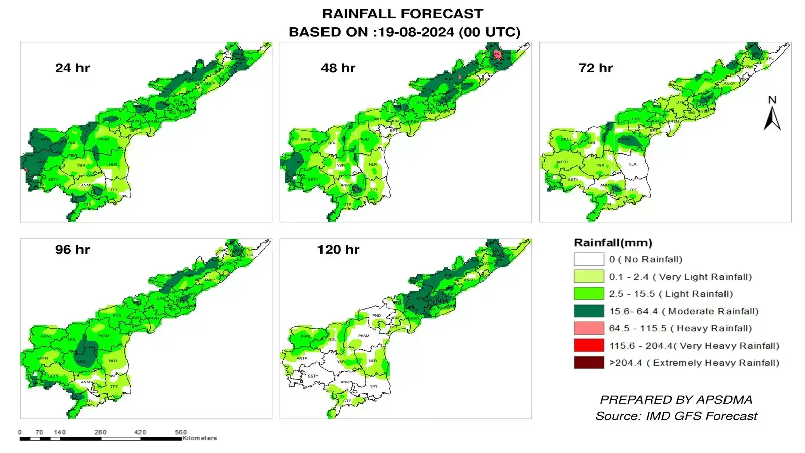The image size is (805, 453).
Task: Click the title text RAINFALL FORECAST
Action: click(x=403, y=14)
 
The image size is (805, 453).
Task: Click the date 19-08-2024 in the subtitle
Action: click(x=416, y=32)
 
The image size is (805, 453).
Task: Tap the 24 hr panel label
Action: click(x=72, y=68)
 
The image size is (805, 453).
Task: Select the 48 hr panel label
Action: click(x=338, y=68)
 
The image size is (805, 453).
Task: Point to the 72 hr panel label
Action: click(x=596, y=68)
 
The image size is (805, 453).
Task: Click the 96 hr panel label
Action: click(x=72, y=250)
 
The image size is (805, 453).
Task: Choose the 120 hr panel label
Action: click(x=338, y=250)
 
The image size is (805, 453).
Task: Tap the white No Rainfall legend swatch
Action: click(x=589, y=259)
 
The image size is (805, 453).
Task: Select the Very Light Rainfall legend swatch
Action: click(x=589, y=276)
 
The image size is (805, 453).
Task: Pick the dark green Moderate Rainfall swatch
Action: click(x=589, y=311)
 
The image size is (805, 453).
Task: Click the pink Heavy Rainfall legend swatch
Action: click(x=589, y=328)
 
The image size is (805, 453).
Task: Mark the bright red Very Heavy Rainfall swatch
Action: click(x=589, y=345)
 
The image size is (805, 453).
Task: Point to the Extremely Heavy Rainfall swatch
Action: click(x=589, y=362)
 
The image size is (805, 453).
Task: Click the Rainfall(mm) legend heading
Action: click(x=613, y=243)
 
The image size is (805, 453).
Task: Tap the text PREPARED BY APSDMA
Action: click(x=676, y=400)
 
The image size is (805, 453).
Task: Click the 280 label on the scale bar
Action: click(x=100, y=432)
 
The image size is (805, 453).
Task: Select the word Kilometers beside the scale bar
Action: click(x=200, y=438)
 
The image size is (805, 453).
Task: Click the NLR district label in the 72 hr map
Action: click(x=632, y=164)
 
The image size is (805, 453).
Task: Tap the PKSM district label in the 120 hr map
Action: click(x=364, y=336)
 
